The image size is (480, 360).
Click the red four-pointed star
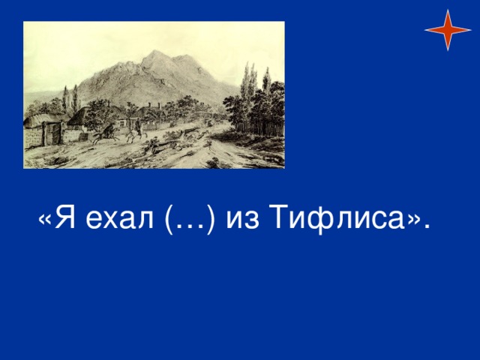448,30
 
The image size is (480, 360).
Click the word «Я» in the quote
64,217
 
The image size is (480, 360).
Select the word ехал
119,220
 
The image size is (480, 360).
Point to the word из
242,220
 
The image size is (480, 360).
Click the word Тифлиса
337,218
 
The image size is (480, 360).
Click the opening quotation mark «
45,220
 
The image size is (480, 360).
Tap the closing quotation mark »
413,220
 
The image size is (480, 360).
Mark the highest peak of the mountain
156,51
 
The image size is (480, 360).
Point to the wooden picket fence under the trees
260,129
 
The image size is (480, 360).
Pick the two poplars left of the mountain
70,98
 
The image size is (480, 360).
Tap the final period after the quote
427,226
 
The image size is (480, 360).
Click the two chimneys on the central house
154,106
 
